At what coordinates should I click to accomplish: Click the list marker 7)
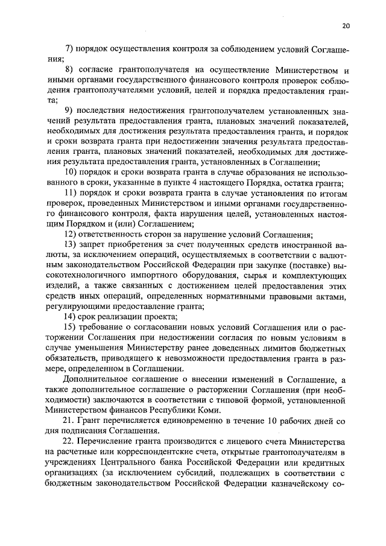69,48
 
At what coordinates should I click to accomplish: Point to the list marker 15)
71,326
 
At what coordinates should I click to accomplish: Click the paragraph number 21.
68,419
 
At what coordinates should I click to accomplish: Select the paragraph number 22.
68,441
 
